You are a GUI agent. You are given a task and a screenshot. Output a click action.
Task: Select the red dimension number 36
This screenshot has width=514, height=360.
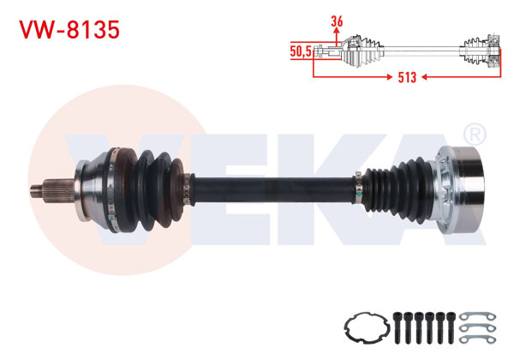[337, 21]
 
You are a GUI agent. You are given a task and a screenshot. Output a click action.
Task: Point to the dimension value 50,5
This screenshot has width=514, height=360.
[301, 51]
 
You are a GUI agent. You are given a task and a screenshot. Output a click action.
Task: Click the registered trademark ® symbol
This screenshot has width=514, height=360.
[474, 135]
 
